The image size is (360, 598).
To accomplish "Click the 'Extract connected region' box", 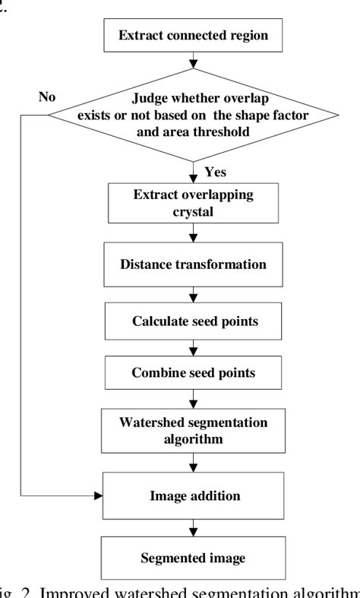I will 193,35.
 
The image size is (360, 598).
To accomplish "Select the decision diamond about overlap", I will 193,114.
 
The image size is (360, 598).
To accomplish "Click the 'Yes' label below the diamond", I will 216,172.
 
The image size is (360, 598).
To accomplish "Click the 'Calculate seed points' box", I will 193,321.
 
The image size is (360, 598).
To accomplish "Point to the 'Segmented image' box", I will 193,558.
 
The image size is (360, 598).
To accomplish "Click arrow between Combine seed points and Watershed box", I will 193,400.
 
